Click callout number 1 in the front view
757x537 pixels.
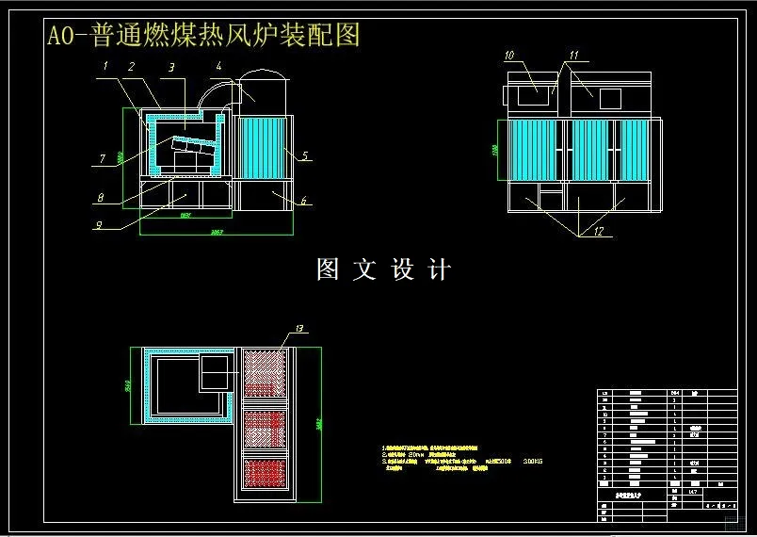click(106, 66)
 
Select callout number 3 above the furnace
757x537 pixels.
click(170, 68)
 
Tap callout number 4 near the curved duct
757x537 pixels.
click(217, 66)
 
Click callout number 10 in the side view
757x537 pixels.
click(509, 56)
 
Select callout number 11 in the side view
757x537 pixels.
click(573, 56)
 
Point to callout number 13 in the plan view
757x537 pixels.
click(299, 328)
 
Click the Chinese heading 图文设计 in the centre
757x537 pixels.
click(383, 269)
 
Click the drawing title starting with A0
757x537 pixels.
click(203, 36)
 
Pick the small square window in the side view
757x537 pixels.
click(610, 97)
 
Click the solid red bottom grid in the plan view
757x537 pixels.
click(265, 473)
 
